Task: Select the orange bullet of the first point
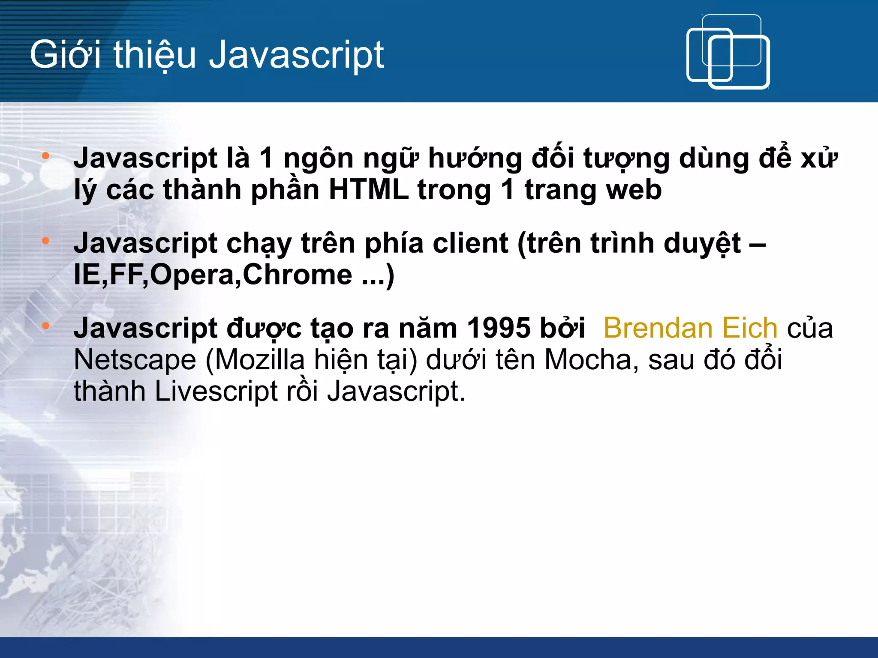[x=46, y=156]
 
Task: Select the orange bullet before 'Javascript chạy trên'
[x=46, y=241]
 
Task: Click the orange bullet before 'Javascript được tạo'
[x=46, y=326]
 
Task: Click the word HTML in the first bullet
[x=368, y=190]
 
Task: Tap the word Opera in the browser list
[x=192, y=275]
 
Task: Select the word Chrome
[x=298, y=275]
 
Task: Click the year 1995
[x=499, y=329]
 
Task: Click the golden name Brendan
[x=658, y=329]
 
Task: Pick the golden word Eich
[x=749, y=329]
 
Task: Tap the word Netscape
[x=135, y=360]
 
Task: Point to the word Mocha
[x=588, y=360]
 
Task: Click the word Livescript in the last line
[x=216, y=392]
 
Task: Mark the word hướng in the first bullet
[x=475, y=159]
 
